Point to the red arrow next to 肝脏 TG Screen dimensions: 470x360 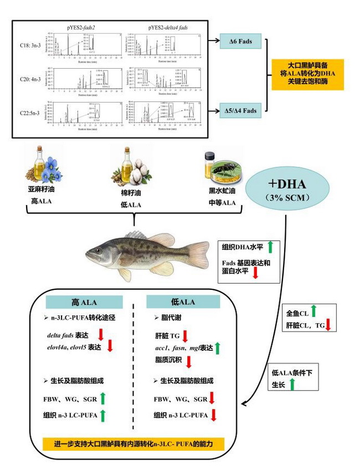pyautogui.click(x=186, y=335)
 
